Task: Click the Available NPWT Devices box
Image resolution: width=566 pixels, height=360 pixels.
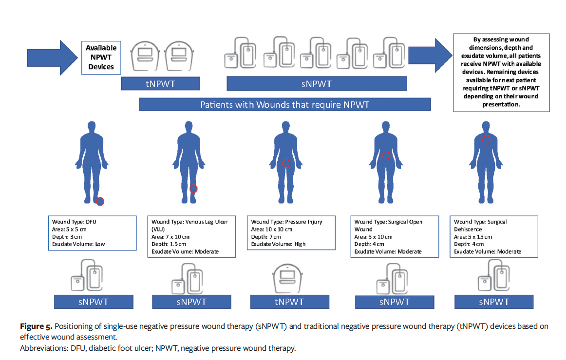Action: [x=101, y=57]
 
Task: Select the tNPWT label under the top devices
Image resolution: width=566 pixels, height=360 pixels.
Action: [x=160, y=84]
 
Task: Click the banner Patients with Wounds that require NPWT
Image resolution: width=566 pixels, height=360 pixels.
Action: [x=284, y=105]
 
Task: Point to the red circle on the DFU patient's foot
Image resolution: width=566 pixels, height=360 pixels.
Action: [x=100, y=201]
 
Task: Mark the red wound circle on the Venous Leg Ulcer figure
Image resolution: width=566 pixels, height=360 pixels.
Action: [x=193, y=189]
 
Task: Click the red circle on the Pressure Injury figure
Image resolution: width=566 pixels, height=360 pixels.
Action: [x=286, y=164]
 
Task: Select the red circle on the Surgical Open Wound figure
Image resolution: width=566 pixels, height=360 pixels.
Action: [x=386, y=156]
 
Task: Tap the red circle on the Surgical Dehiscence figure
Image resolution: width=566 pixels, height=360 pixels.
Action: [x=486, y=140]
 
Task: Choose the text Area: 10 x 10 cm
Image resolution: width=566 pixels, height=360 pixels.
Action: [x=271, y=229]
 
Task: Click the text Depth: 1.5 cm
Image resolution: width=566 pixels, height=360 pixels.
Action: [x=169, y=244]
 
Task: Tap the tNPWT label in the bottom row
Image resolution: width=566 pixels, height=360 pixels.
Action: [x=289, y=302]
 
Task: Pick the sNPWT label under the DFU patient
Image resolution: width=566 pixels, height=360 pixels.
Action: [x=93, y=302]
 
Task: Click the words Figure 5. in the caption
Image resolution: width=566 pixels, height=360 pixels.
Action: [x=37, y=326]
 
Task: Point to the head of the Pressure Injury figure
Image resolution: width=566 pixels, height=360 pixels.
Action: [x=285, y=124]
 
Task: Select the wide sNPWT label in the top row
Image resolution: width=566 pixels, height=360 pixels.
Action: [x=317, y=84]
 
